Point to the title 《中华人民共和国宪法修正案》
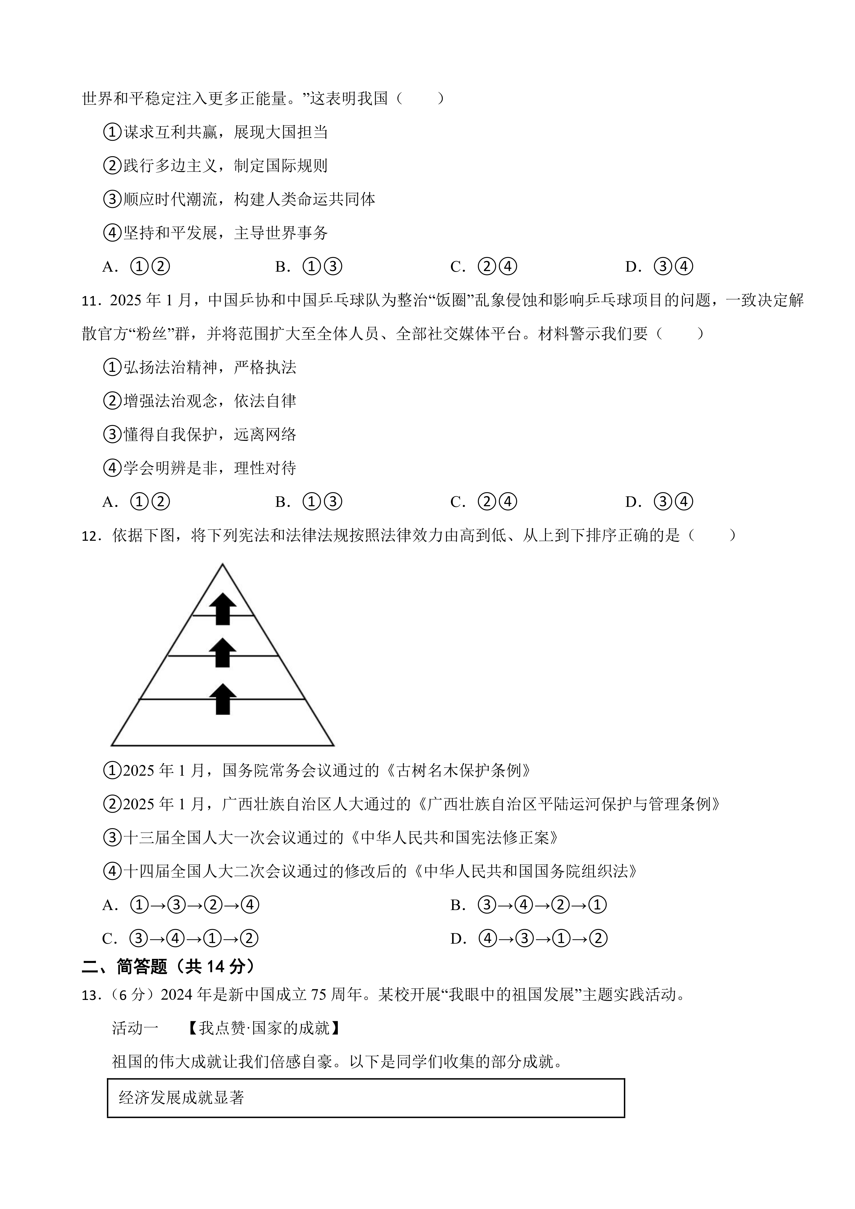pos(456,838)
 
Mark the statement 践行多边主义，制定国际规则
pos(225,166)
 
